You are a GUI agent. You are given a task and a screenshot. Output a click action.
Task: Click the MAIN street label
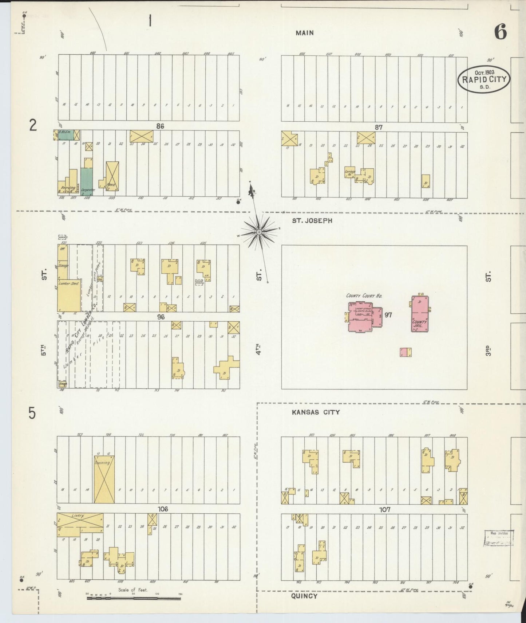tap(305, 33)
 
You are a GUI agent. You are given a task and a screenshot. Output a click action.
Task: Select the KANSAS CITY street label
tap(316, 412)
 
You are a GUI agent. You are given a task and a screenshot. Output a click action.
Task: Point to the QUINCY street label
tap(304, 596)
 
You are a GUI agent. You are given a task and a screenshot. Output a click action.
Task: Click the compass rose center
tap(259, 232)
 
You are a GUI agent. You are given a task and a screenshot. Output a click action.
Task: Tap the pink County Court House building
tap(362, 317)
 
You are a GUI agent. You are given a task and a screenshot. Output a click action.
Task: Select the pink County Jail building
tap(420, 314)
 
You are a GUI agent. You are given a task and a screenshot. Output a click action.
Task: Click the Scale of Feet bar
tap(133, 598)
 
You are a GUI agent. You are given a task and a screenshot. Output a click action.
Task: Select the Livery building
tap(80, 525)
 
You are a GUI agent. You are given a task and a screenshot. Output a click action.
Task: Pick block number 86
tap(160, 126)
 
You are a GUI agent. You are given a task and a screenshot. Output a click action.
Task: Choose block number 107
tap(385, 509)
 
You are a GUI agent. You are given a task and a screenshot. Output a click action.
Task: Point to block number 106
tap(163, 509)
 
